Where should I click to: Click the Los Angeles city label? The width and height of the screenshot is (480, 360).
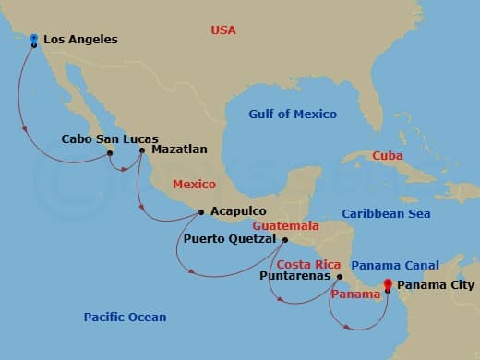[x=80, y=40]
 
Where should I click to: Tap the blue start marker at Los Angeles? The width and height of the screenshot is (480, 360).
[x=34, y=40]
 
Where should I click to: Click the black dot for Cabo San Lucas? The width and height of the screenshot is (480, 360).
[x=110, y=152]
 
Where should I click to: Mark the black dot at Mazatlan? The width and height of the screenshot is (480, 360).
[x=142, y=150]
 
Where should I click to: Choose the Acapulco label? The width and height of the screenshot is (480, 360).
[x=238, y=211]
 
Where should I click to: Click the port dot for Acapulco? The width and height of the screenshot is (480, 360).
[x=201, y=212]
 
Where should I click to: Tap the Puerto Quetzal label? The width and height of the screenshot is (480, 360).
[x=230, y=239]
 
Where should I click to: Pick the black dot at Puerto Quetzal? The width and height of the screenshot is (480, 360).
[x=284, y=240]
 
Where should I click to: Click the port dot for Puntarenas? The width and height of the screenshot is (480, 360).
[x=340, y=276]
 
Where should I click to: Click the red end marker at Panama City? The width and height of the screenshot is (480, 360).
[x=388, y=284]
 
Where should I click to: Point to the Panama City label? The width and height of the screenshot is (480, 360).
[x=437, y=285]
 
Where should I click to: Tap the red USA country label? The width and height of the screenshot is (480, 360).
[x=223, y=30]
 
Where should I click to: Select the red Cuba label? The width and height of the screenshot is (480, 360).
[x=387, y=156]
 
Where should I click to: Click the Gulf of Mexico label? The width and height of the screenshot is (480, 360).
[x=292, y=114]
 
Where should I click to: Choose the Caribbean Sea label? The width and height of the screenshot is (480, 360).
[x=387, y=213]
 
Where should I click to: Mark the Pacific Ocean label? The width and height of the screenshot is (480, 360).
[x=125, y=318]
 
